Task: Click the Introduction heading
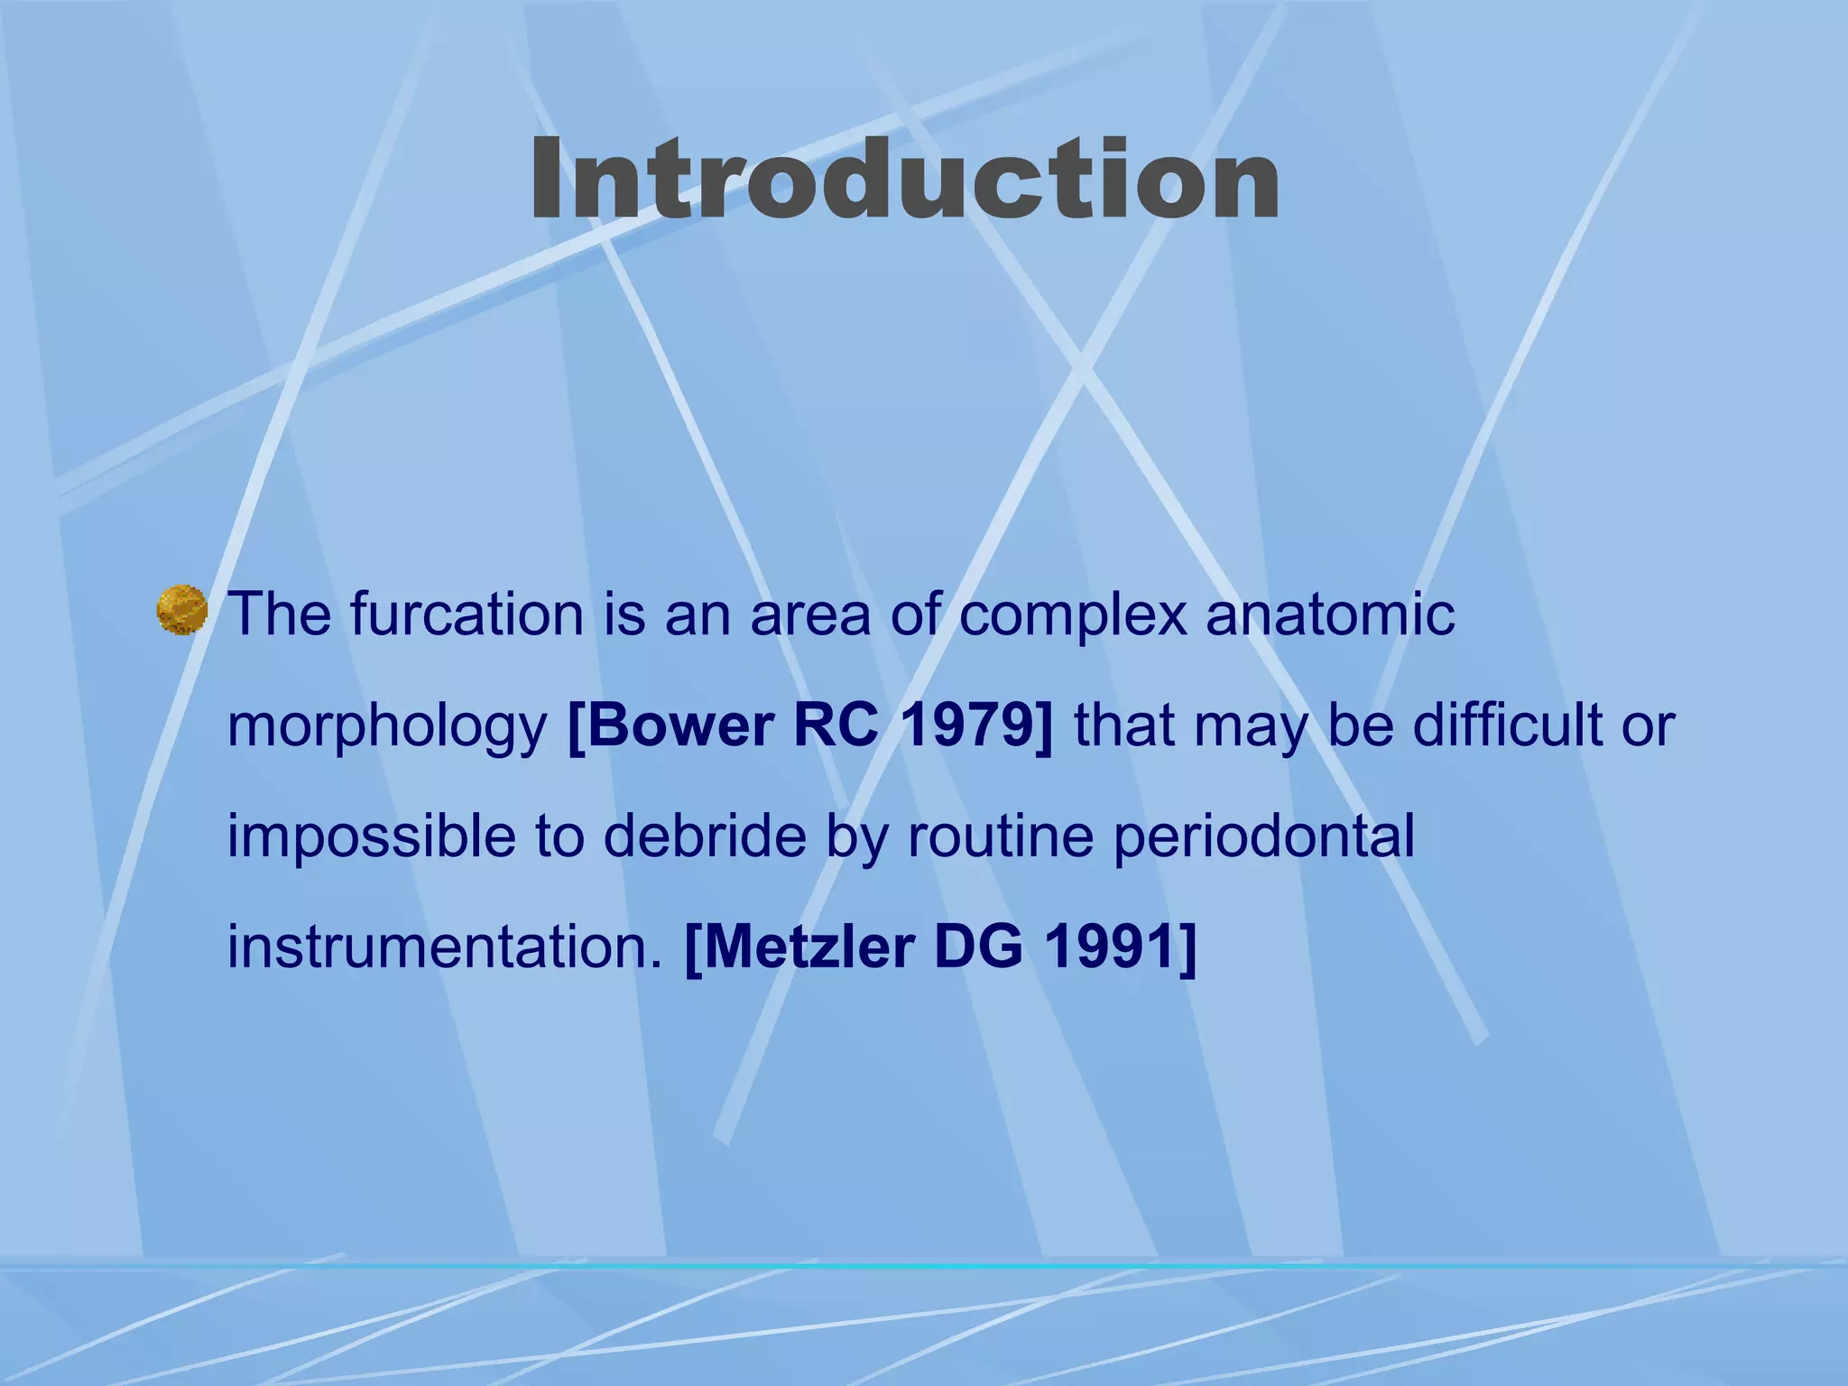click(904, 180)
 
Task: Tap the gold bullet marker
click(182, 610)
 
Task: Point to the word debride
click(704, 836)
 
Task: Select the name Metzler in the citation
click(801, 948)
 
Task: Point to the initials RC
click(836, 725)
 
